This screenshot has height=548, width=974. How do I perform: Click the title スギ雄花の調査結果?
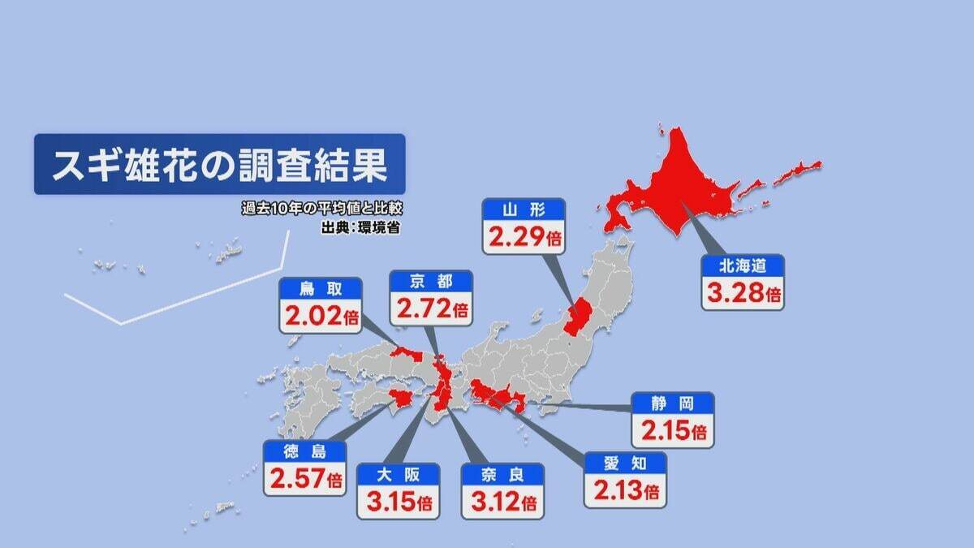tap(218, 165)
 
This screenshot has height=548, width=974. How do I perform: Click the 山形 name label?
tap(523, 211)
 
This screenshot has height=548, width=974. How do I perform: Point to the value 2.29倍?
tap(523, 238)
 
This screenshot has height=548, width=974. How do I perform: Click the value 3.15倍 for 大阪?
tap(398, 502)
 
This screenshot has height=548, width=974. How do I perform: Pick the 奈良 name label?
tap(502, 474)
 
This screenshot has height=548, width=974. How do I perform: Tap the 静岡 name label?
tap(673, 403)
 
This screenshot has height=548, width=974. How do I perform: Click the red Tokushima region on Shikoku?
tap(402, 398)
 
